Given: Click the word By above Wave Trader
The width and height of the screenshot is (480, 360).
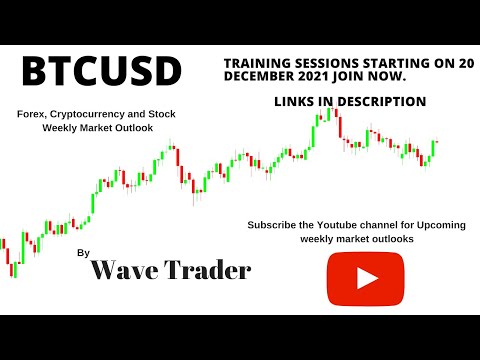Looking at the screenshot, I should pyautogui.click(x=82, y=254).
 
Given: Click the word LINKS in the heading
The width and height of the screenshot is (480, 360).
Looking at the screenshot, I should pyautogui.click(x=294, y=101).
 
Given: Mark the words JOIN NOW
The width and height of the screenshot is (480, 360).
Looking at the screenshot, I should pyautogui.click(x=375, y=76).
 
